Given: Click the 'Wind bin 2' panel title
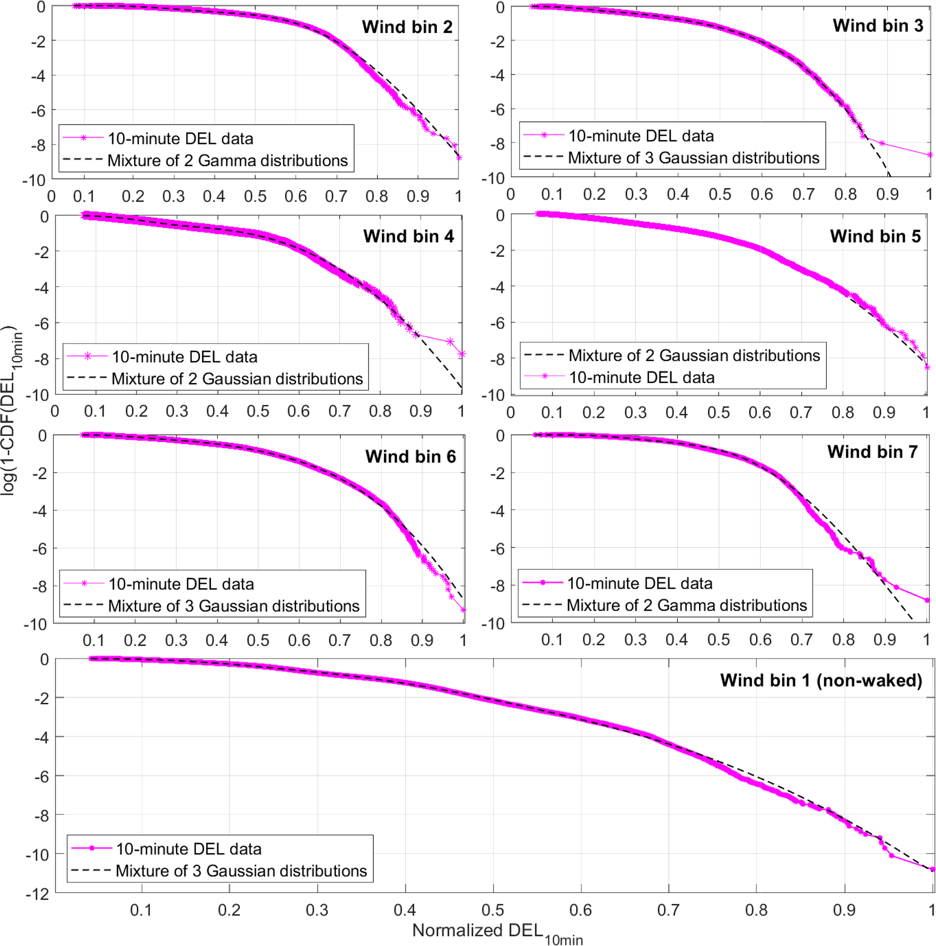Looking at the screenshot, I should pyautogui.click(x=407, y=27).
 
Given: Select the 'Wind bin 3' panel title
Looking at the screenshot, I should pyautogui.click(x=878, y=25).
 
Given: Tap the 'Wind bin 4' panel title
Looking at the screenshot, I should pyautogui.click(x=408, y=236).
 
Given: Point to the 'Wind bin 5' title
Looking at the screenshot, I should pyautogui.click(x=875, y=236).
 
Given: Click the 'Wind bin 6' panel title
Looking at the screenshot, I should pyautogui.click(x=410, y=457).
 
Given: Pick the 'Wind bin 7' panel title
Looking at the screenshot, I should pyautogui.click(x=872, y=452).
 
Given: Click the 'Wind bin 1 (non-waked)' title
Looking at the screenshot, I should pyautogui.click(x=821, y=681).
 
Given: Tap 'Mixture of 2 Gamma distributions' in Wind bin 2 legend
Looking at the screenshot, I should pyautogui.click(x=228, y=161).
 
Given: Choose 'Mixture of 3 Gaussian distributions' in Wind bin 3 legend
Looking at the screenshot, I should pyautogui.click(x=693, y=158).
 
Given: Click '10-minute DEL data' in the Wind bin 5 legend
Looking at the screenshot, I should pyautogui.click(x=641, y=378).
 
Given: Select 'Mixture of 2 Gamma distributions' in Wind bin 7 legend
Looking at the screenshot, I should pyautogui.click(x=686, y=606).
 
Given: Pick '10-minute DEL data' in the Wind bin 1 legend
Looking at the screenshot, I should pyautogui.click(x=188, y=849).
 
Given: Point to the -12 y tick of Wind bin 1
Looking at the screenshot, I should pyautogui.click(x=37, y=894).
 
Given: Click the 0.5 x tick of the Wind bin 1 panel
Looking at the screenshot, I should pyautogui.click(x=493, y=910).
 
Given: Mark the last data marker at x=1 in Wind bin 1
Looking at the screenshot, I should pyautogui.click(x=932, y=869).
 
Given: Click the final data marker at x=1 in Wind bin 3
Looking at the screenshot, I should pyautogui.click(x=930, y=155).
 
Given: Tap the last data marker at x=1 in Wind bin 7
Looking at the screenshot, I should pyautogui.click(x=926, y=600).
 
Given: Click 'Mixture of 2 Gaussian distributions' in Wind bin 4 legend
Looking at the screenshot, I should pyautogui.click(x=237, y=379).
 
